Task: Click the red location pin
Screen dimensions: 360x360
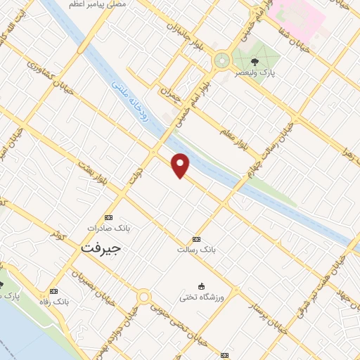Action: pos(181,165)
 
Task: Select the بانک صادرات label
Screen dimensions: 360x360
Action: pos(109,229)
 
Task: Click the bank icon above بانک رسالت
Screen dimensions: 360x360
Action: pos(195,239)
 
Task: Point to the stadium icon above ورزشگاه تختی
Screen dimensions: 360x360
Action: pos(202,286)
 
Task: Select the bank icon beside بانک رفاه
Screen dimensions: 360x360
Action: pos(54,291)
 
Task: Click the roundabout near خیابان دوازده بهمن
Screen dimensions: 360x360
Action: pos(144,297)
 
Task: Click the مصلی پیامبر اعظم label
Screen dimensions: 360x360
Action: pos(99,4)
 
